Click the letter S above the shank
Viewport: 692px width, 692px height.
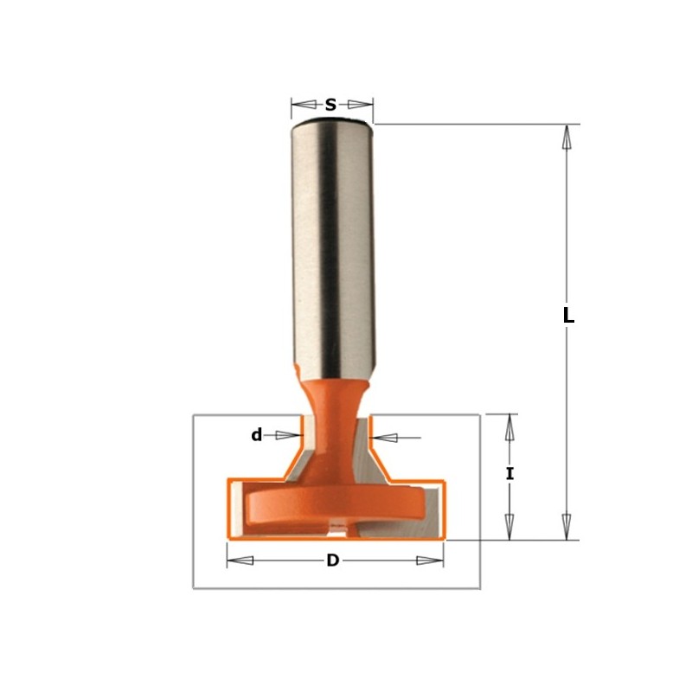pos(330,106)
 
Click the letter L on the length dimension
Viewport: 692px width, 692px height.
pos(568,317)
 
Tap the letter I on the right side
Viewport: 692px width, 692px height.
pos(510,474)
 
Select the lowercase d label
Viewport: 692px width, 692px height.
pos(256,435)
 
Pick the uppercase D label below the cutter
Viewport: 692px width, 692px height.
pos(332,561)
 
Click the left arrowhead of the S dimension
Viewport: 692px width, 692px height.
pos(302,105)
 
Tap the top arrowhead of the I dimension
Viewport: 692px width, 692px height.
pos(510,426)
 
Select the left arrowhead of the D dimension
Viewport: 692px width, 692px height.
pos(240,561)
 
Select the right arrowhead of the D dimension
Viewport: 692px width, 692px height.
pos(430,561)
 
